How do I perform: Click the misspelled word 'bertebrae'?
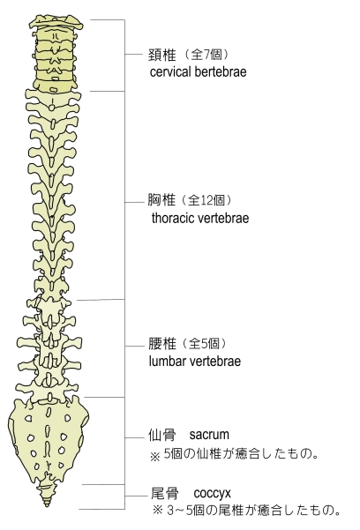221,71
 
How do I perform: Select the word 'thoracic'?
173,218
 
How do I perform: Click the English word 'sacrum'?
209,435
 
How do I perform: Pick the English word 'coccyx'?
212,494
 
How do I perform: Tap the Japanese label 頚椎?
162,55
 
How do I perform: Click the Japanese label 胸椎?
161,200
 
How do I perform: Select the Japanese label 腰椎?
162,344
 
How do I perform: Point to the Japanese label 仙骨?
162,435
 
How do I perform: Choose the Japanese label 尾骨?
164,494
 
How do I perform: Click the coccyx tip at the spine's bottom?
47,504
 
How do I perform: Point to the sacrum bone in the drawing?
48,439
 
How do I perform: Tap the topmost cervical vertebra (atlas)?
56,23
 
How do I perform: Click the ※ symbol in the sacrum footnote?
154,457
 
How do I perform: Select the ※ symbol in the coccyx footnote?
158,510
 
